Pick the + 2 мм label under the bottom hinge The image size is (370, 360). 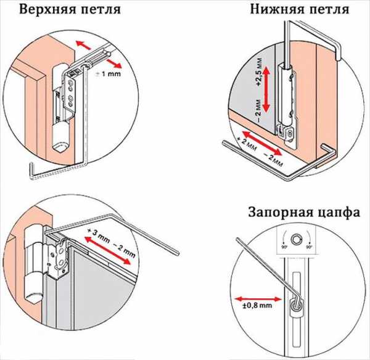point(239,143)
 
